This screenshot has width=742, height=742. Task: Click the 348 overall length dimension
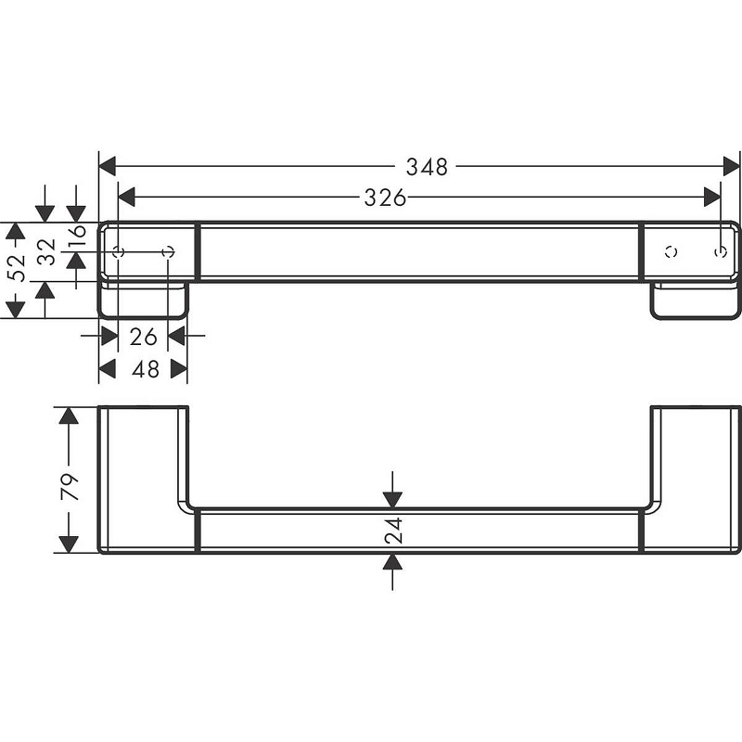[427, 167]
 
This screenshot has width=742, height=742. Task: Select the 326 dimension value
[385, 198]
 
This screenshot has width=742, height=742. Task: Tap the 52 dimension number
[16, 269]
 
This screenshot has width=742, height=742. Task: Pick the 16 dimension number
[77, 238]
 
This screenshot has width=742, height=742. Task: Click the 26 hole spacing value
[143, 336]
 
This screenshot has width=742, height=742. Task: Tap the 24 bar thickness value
[393, 531]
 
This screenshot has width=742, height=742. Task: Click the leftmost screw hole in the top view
[118, 251]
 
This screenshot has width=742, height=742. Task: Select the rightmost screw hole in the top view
[722, 251]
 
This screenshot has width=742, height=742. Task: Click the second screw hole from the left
[168, 251]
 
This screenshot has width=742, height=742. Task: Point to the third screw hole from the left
[672, 251]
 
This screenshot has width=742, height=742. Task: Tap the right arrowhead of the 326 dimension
[712, 198]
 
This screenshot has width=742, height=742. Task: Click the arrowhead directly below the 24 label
[392, 562]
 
